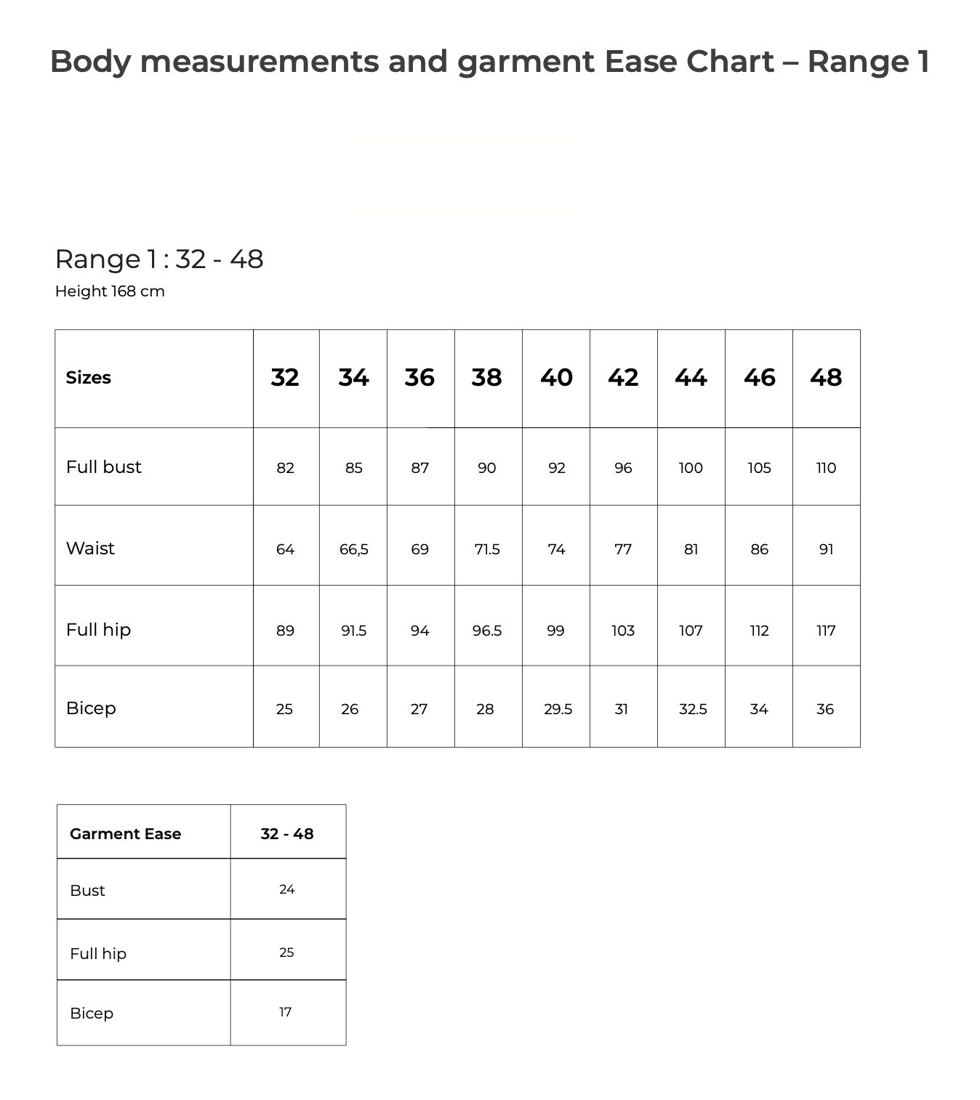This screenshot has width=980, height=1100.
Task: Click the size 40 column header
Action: tap(556, 378)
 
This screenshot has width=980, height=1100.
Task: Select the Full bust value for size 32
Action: tap(285, 468)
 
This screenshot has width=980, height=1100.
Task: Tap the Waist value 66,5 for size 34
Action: tap(353, 549)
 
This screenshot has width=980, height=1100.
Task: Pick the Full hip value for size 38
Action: tap(487, 631)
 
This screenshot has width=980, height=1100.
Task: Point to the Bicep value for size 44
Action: tap(693, 709)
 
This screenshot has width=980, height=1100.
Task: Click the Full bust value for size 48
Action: tap(826, 468)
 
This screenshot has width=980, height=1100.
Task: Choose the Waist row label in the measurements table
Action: tap(90, 549)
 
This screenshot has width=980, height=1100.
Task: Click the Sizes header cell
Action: tap(88, 378)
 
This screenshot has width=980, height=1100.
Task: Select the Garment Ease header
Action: tap(125, 834)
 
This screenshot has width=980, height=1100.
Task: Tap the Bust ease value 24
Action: tap(287, 889)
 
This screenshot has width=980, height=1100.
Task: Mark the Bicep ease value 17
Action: tap(286, 1012)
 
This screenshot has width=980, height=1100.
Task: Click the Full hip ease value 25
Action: tap(286, 953)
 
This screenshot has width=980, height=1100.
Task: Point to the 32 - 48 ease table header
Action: tap(287, 834)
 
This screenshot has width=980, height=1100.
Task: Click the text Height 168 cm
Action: tap(110, 291)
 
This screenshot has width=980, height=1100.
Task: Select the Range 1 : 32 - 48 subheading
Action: tap(159, 259)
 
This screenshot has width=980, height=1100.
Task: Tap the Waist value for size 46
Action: tap(759, 549)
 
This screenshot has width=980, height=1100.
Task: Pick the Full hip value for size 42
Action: tap(623, 631)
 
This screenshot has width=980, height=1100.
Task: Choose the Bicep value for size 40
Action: tap(558, 709)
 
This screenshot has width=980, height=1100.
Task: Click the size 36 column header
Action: tap(419, 378)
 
